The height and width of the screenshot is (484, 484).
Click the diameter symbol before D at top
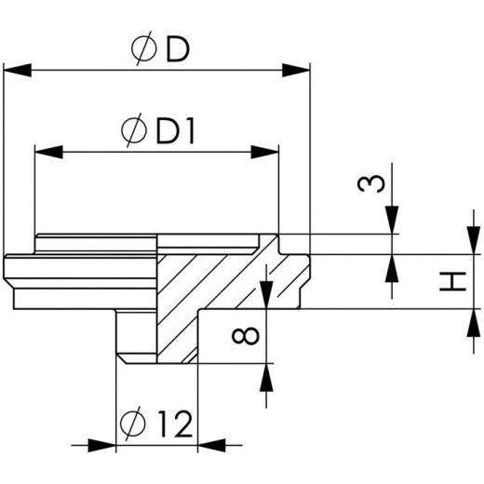tap(144, 51)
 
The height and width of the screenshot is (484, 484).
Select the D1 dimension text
tap(175, 132)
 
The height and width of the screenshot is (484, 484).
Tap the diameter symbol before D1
tap(134, 132)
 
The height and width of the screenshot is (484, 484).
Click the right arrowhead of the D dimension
tap(297, 70)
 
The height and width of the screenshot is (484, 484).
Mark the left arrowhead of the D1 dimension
tap(47, 149)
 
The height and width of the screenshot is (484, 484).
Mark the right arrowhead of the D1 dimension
tap(267, 149)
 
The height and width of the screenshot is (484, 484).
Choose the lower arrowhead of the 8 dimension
tap(268, 374)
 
